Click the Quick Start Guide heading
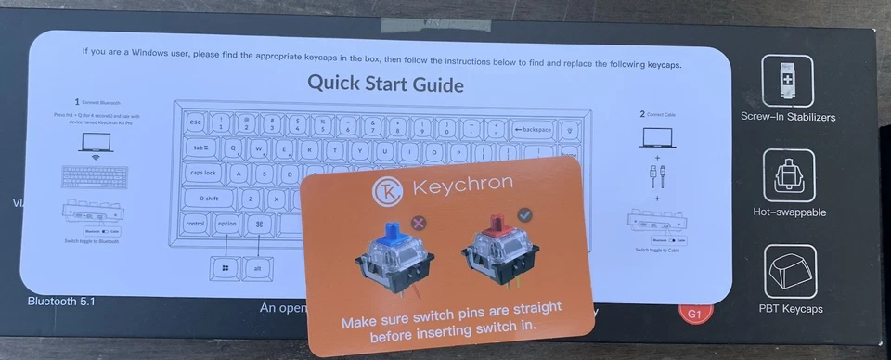coord(386,84)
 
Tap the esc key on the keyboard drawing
coord(195,122)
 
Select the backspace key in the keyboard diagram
coord(533,129)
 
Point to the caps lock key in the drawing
coord(202,173)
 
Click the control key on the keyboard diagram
coord(195,224)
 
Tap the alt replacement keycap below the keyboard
coord(257,269)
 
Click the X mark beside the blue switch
coord(418,223)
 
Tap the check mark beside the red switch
coord(525,215)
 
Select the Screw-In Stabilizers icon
coord(787,81)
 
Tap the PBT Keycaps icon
coord(789,271)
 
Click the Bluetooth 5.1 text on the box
coord(61,302)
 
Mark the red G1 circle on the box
coord(690,315)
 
